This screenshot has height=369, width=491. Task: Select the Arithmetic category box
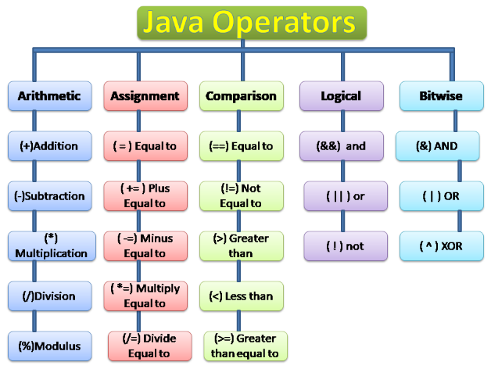pos(50,96)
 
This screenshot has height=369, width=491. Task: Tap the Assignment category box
pos(145,96)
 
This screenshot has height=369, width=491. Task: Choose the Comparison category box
pos(241,96)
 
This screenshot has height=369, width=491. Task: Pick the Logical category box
pos(341,96)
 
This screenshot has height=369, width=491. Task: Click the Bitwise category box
pos(441,96)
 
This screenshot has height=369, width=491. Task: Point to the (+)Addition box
pos(50,146)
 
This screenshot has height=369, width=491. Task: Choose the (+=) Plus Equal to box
pos(145,196)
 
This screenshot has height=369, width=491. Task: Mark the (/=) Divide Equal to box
pos(145,346)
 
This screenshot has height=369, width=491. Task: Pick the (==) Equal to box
pos(241,146)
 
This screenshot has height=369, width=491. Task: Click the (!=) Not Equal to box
pos(241,196)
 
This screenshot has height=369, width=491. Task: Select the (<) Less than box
pos(241,296)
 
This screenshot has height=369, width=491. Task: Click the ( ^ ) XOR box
pos(441,246)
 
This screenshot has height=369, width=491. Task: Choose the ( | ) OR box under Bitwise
pos(441,196)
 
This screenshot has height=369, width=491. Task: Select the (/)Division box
pos(50,296)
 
